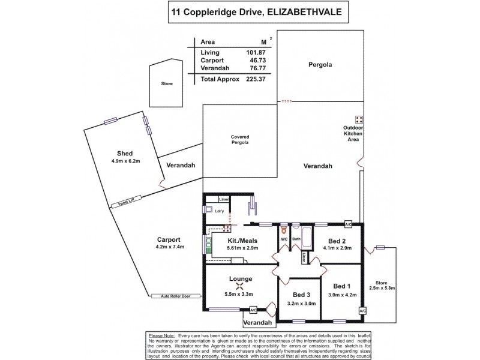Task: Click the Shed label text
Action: [x=125, y=153]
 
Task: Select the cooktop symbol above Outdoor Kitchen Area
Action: [x=359, y=119]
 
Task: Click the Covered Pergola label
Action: [x=240, y=140]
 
